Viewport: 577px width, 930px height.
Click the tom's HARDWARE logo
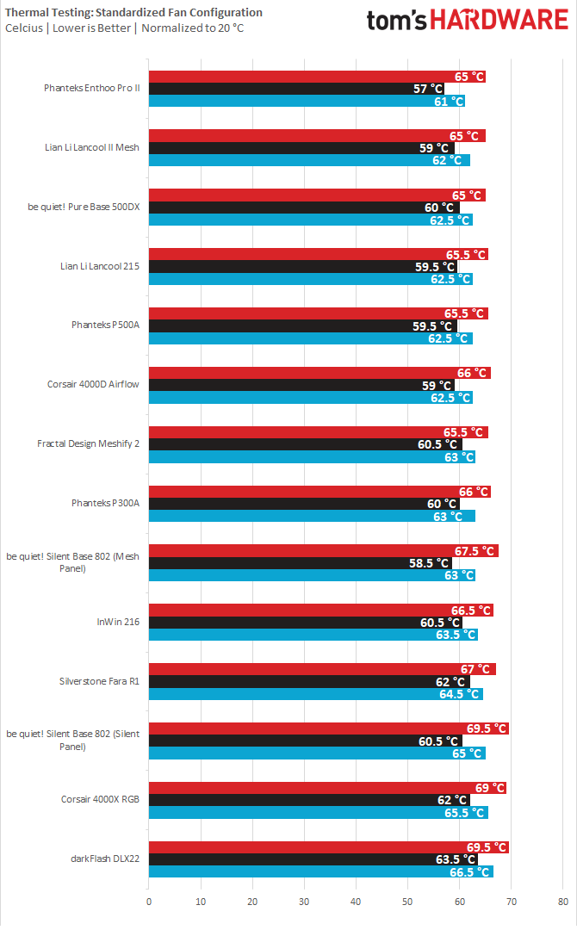(468, 20)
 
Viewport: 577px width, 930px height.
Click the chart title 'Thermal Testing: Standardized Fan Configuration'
(133, 12)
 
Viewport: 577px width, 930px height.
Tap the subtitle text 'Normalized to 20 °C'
(192, 28)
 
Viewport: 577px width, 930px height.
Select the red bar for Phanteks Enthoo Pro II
(317, 77)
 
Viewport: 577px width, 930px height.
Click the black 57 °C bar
(296, 89)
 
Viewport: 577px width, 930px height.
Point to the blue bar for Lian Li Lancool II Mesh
(309, 160)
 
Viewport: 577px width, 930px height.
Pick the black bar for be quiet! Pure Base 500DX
(304, 208)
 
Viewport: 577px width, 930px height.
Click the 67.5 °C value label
(475, 551)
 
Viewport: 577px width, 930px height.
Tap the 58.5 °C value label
(429, 563)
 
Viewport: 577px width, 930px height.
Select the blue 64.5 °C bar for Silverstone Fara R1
(316, 694)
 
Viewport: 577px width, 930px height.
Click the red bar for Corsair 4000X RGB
(327, 788)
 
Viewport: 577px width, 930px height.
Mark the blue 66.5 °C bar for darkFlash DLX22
(321, 871)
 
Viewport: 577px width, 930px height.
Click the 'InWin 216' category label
(118, 622)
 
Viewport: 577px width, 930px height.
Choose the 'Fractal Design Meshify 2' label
(89, 443)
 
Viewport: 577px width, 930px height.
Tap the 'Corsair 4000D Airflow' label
(93, 384)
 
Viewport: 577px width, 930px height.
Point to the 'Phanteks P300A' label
(106, 503)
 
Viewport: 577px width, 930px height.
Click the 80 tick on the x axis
(562, 902)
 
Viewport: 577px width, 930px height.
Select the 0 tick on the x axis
(149, 902)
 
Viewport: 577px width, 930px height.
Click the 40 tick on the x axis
(356, 902)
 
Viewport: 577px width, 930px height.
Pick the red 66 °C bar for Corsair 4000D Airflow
(320, 373)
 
